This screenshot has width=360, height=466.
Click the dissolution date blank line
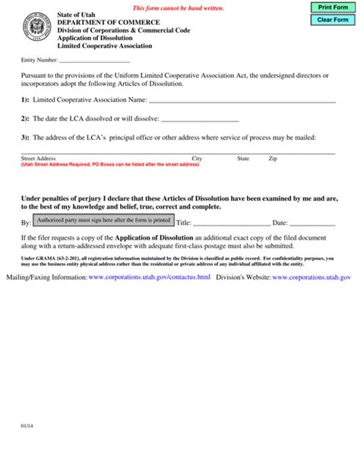coord(201,120)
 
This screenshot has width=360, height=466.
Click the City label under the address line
coord(197,159)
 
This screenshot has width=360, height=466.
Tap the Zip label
coord(273,159)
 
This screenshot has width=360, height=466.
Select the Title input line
coord(232,222)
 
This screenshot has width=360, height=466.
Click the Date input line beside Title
coord(312,222)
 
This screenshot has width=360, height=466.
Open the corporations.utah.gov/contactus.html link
coord(149,278)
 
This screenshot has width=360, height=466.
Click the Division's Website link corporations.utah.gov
coord(311,278)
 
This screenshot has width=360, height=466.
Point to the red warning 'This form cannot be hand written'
coord(178,7)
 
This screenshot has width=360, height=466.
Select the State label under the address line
coord(243,159)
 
